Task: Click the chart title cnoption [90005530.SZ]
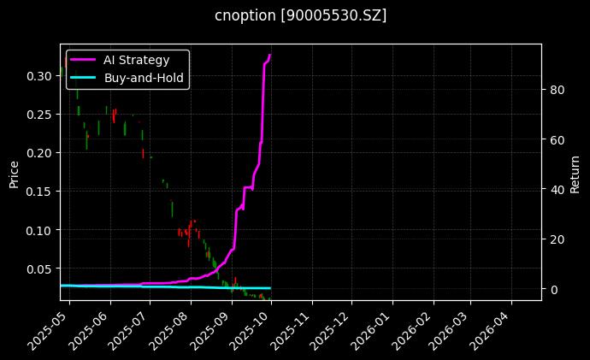(x=295, y=15)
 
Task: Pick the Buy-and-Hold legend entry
(x=144, y=77)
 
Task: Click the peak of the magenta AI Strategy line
(x=270, y=56)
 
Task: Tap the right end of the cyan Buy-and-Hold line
(x=270, y=288)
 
